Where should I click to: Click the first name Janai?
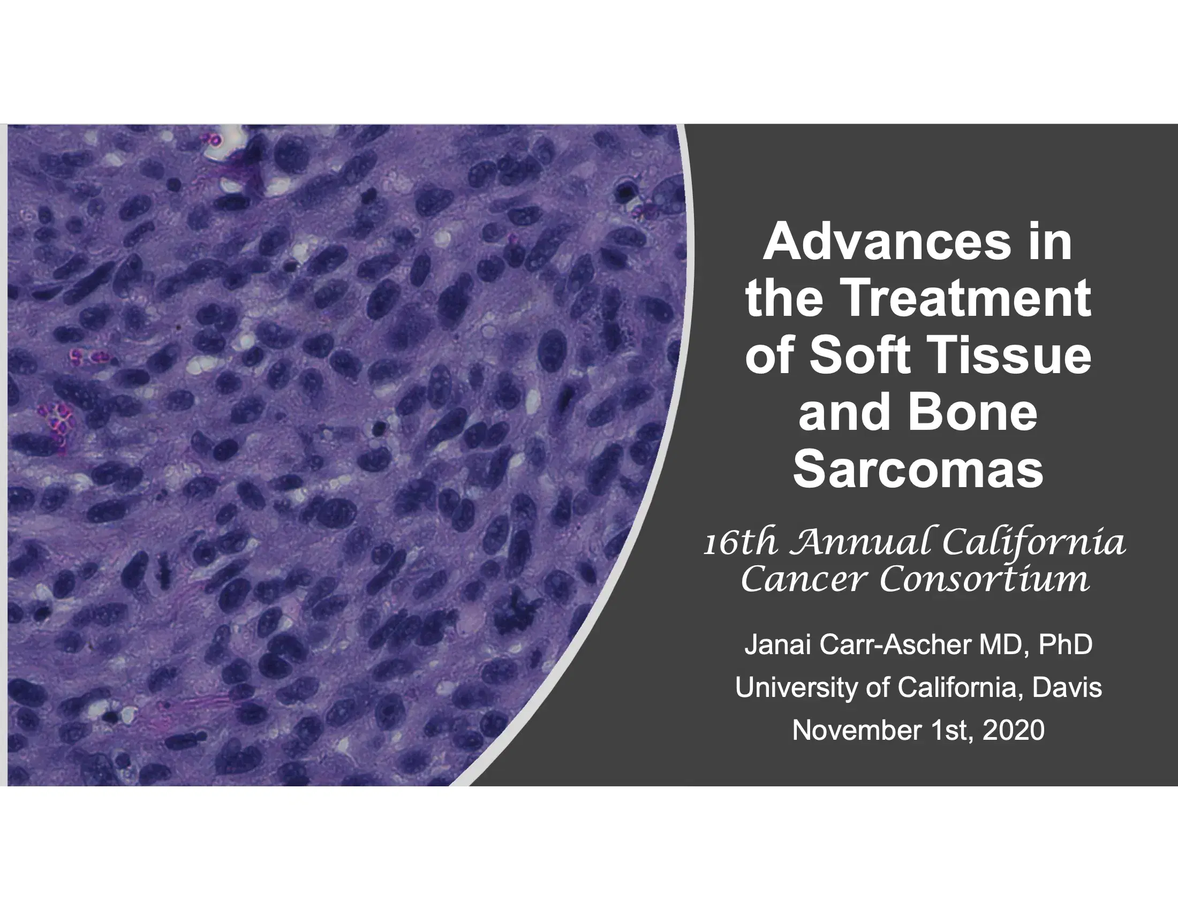[x=779, y=646]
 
